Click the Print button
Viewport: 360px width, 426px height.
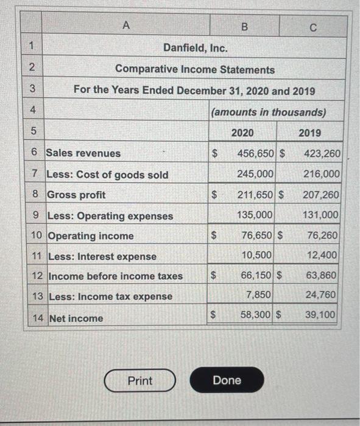click(139, 381)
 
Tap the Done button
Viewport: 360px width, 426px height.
click(227, 380)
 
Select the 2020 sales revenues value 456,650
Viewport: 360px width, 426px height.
click(257, 153)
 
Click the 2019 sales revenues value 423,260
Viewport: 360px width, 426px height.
click(320, 153)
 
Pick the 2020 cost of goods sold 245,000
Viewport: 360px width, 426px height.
click(256, 174)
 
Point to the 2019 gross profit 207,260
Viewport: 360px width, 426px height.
click(320, 195)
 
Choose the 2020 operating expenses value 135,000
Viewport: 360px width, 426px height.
click(256, 215)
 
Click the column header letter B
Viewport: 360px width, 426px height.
click(244, 27)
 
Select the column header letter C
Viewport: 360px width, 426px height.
click(312, 27)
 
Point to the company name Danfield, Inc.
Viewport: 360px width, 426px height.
click(196, 48)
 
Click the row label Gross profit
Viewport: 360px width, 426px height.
click(76, 195)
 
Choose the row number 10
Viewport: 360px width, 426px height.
click(37, 236)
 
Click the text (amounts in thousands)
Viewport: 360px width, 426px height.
click(268, 112)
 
